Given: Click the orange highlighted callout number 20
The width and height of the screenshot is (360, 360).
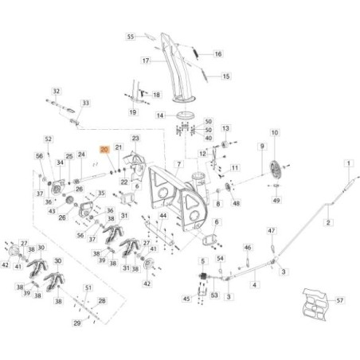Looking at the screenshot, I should (104, 149).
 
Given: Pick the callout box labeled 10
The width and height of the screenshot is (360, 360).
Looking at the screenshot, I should (275, 133).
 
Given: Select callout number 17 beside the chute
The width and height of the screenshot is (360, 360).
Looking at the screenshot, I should (147, 61).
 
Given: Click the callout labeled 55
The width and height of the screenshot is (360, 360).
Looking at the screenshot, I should (131, 37).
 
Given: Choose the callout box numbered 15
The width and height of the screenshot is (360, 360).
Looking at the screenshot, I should (225, 76).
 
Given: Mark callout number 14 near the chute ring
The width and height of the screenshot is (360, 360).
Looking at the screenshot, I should (159, 115).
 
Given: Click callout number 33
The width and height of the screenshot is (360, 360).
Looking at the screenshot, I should (87, 104).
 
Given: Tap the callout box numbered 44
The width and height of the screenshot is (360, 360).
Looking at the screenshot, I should (162, 216).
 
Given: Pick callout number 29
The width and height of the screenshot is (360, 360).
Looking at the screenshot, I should (76, 323).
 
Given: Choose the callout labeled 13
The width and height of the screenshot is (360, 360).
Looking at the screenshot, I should (225, 128).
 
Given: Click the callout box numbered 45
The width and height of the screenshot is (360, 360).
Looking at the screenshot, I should (186, 299).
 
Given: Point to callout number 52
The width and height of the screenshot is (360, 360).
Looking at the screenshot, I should (48, 139).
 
